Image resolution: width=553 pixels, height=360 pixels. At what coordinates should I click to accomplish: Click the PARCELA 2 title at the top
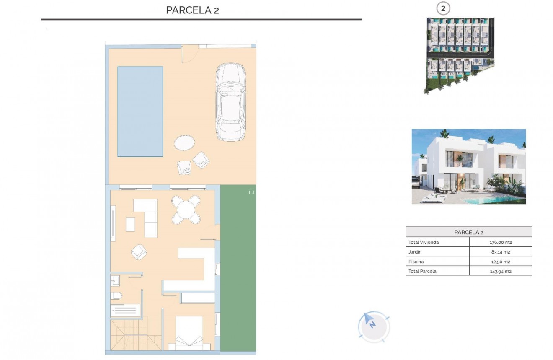click(192, 10)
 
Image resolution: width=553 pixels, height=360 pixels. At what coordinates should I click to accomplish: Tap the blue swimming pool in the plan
click(140, 111)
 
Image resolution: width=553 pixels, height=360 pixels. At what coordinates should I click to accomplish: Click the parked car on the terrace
click(230, 102)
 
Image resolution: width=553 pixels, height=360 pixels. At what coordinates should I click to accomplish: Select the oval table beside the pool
click(184, 143)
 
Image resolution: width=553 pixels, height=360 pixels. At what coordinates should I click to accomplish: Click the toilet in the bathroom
click(117, 296)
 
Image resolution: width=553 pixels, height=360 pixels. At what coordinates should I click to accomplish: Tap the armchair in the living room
click(139, 252)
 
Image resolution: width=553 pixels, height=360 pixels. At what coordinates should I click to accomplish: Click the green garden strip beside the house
click(238, 268)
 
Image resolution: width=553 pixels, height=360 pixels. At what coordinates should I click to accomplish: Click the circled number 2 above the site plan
click(443, 8)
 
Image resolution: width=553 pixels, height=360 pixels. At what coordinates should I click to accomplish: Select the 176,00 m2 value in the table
click(501, 242)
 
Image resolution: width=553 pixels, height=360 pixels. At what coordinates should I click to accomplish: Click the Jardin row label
click(415, 252)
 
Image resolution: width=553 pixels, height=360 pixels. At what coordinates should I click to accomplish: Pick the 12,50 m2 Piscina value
click(501, 262)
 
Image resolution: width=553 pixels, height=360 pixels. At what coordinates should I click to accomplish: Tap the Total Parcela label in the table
click(422, 271)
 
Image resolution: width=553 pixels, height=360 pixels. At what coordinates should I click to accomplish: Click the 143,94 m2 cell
click(501, 271)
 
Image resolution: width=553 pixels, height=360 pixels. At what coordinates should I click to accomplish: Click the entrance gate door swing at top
click(189, 54)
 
